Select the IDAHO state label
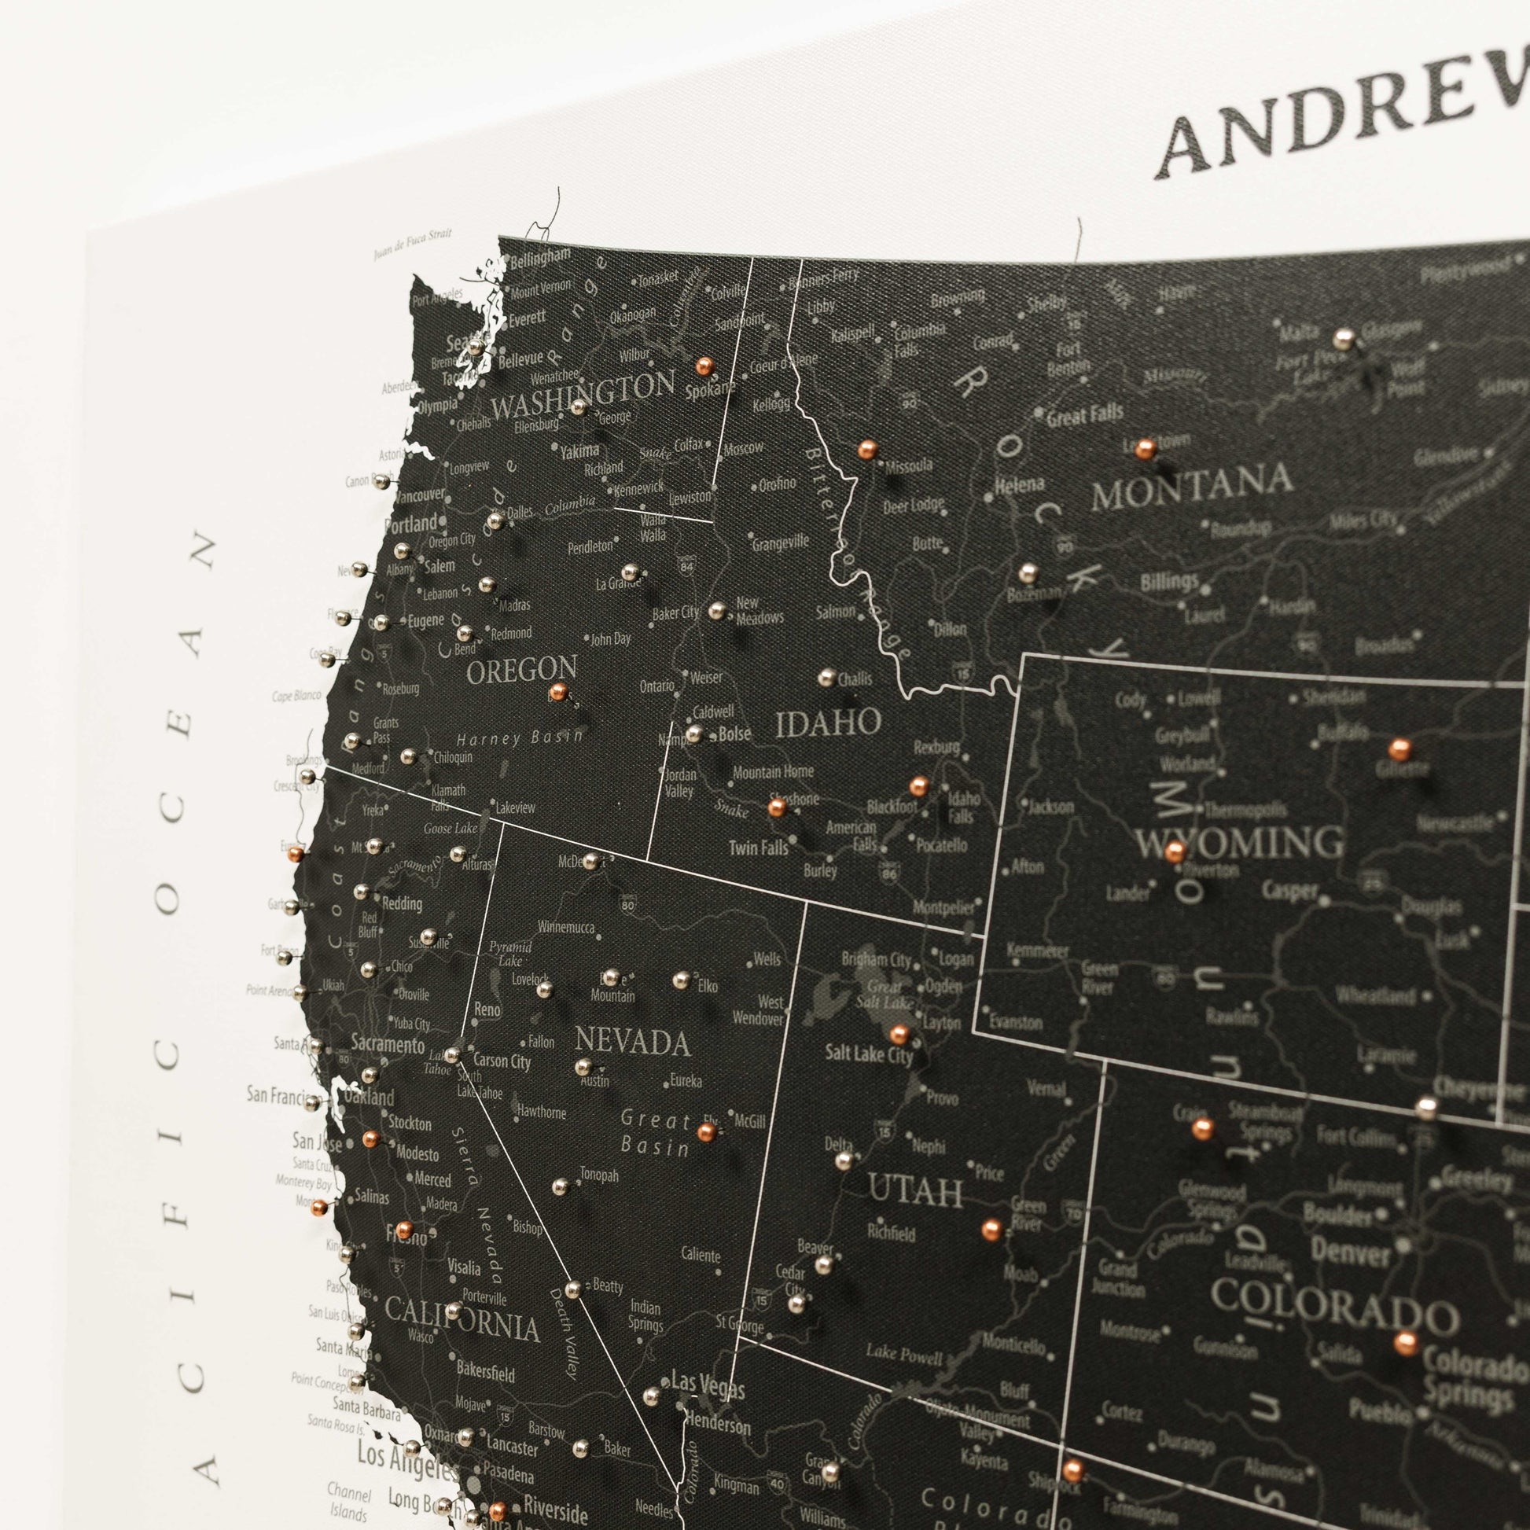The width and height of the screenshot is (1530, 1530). [829, 723]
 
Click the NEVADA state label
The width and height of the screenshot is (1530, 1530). [632, 1043]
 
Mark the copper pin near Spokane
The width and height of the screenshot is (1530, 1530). [703, 366]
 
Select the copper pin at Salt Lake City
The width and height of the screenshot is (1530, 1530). [899, 1033]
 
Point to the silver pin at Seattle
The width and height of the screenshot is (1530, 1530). [475, 346]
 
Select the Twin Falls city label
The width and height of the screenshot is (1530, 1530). [759, 847]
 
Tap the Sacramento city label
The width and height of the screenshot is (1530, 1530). [388, 1046]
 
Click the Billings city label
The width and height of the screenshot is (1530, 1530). [1169, 582]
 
